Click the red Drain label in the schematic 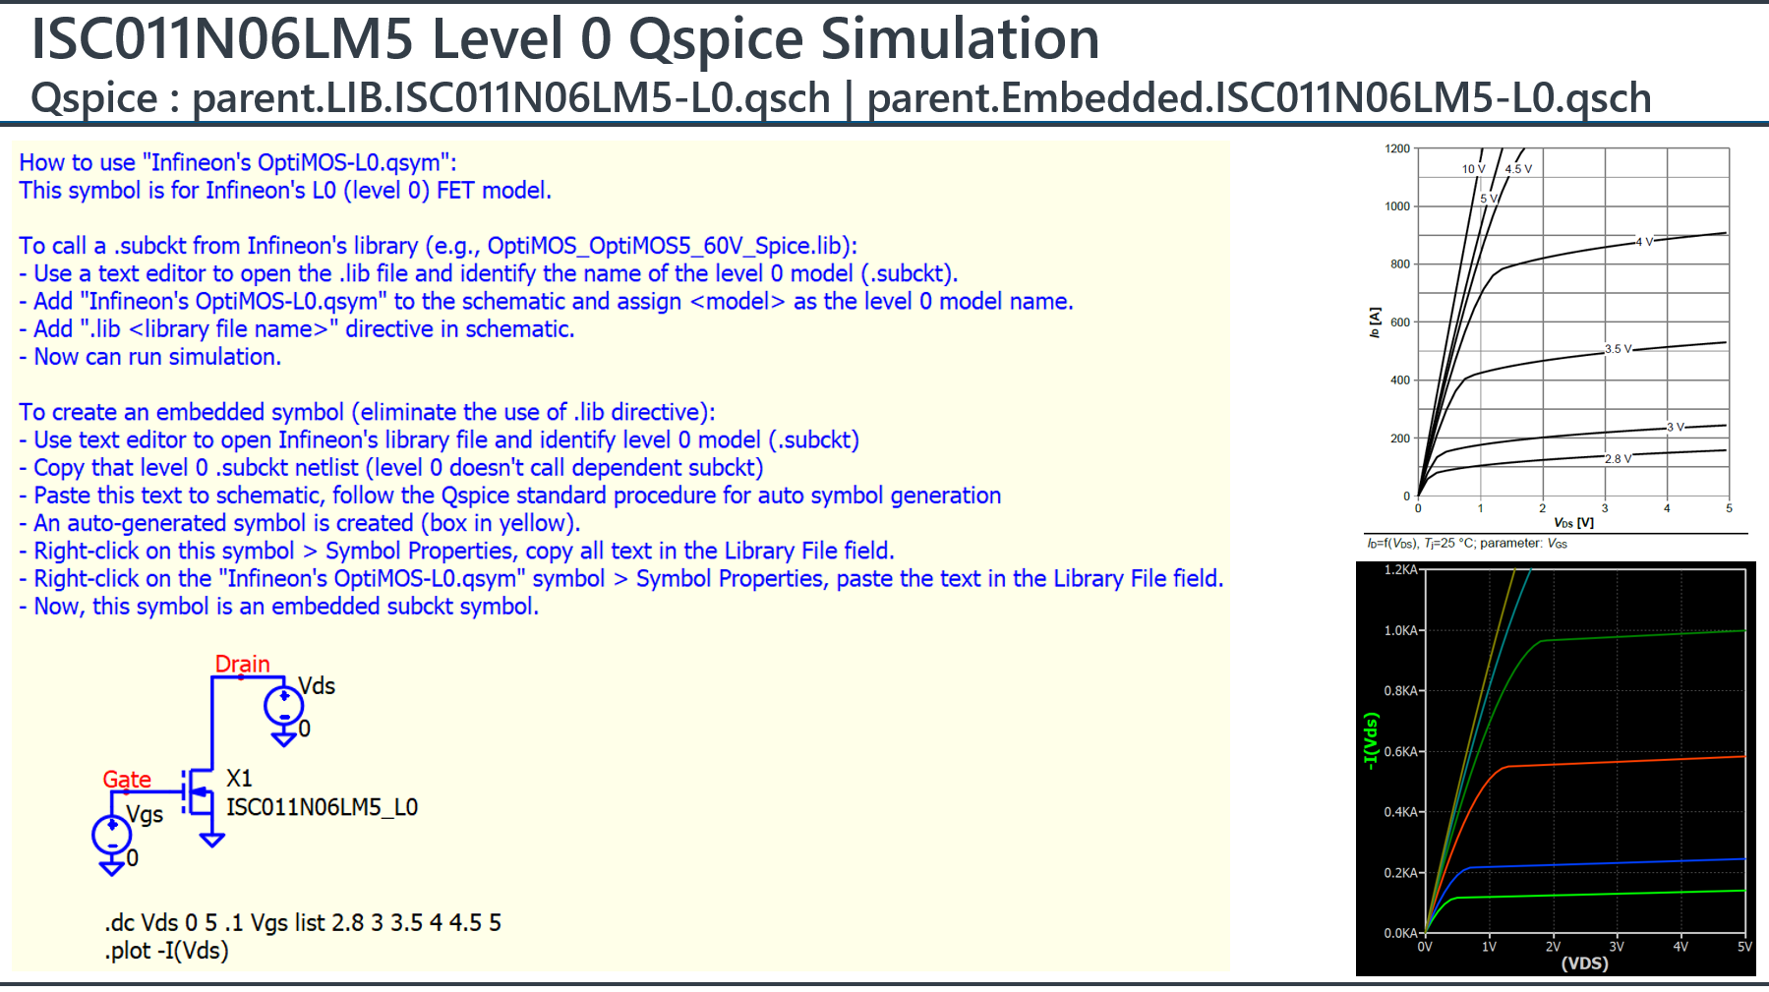coord(242,664)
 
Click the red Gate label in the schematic coord(127,780)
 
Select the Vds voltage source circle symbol coord(283,705)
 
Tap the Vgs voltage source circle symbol coord(112,835)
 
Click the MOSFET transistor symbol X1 coord(200,791)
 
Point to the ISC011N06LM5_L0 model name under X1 coord(322,807)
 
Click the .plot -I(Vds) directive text coord(166,951)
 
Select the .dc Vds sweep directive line coord(303,922)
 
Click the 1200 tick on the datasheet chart coord(1397,148)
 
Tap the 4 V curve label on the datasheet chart coord(1644,241)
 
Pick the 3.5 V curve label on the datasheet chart coord(1618,349)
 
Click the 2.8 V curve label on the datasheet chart coord(1618,458)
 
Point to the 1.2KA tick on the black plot coord(1401,570)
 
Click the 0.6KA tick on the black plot coord(1401,752)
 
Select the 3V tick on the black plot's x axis coord(1617,947)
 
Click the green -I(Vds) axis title coord(1371,740)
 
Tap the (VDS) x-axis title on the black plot coord(1584,963)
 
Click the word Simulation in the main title coord(960,39)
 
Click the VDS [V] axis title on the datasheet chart coord(1573,523)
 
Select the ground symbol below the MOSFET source coord(211,840)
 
